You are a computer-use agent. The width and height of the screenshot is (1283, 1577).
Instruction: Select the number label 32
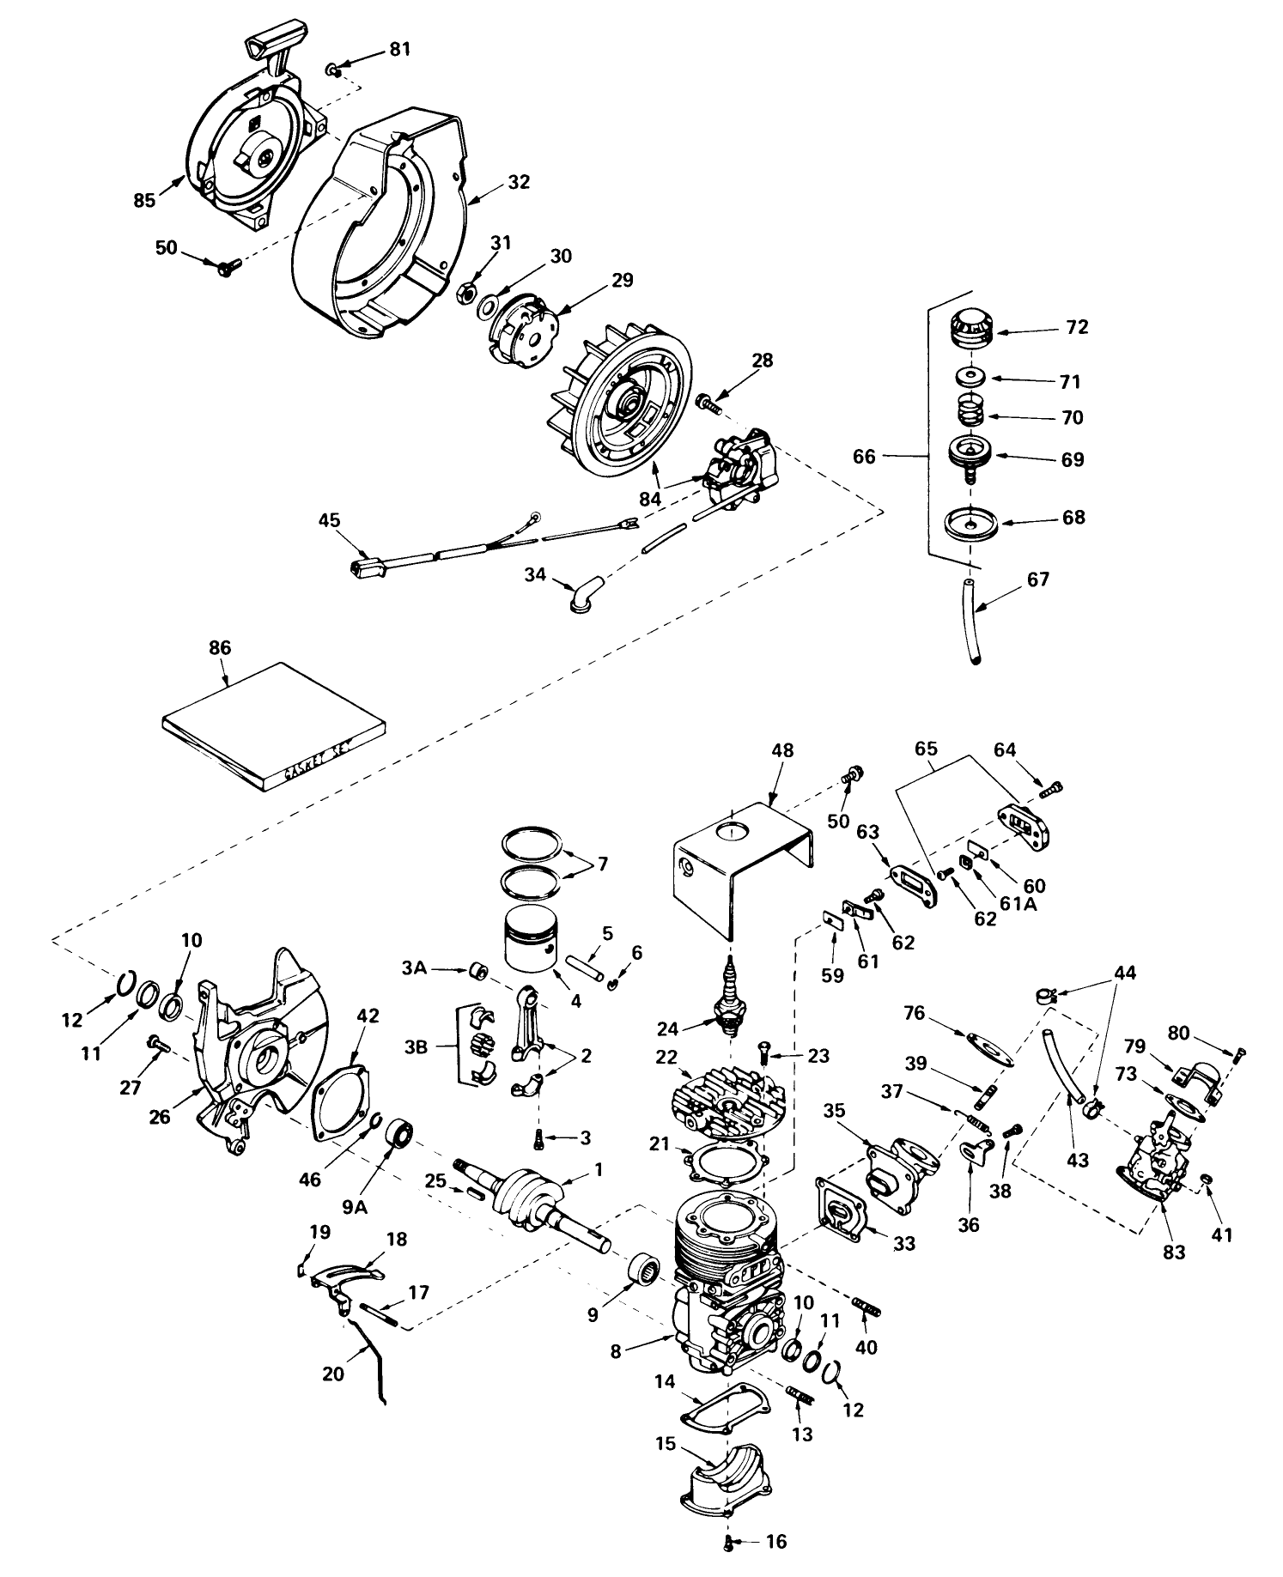[x=519, y=182]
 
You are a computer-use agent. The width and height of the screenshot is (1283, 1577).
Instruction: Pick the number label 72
[x=1077, y=327]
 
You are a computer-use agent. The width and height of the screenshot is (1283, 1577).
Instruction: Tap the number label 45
[x=329, y=520]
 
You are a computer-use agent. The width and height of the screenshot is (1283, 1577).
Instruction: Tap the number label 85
[x=144, y=200]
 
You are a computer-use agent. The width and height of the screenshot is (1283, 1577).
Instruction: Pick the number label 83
[x=1174, y=1253]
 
